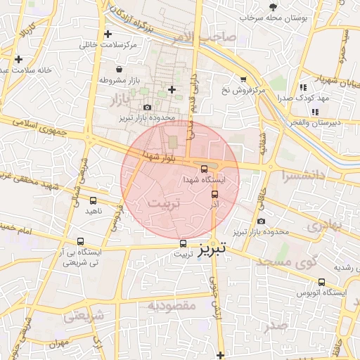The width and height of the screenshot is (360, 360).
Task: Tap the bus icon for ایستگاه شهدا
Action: (x=204, y=169)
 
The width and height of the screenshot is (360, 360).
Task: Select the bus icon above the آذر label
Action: (x=214, y=193)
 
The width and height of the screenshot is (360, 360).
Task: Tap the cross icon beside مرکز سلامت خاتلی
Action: (x=108, y=34)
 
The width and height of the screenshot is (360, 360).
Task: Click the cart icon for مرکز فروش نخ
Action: (x=243, y=79)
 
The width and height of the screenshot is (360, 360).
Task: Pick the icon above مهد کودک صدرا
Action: (x=303, y=87)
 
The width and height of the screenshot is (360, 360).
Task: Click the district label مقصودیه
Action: (x=172, y=306)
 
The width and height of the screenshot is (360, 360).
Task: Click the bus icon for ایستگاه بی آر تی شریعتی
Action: (x=80, y=240)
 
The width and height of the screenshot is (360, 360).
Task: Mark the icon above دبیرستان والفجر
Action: (x=317, y=111)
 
